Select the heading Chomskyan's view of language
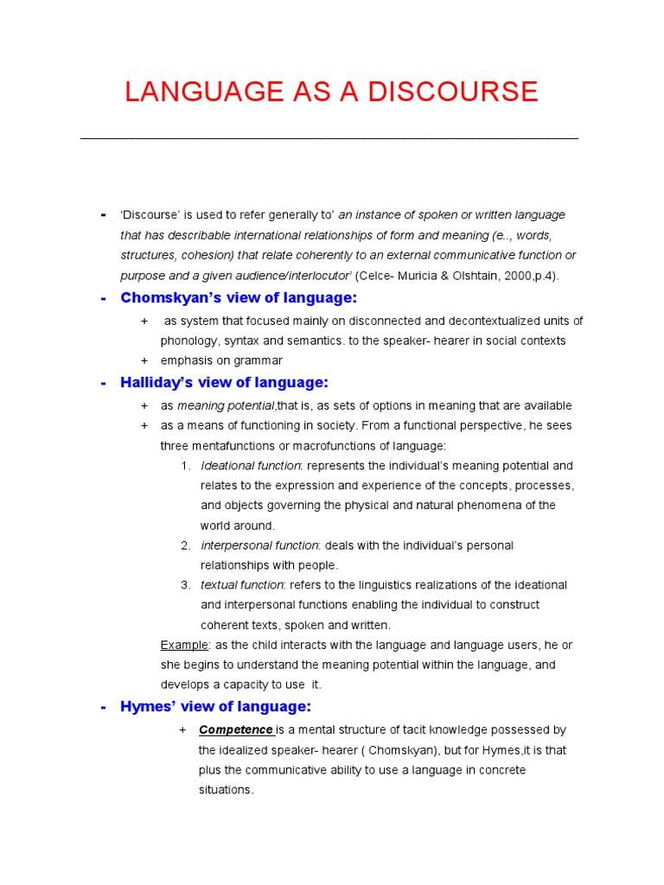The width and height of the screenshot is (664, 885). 239,298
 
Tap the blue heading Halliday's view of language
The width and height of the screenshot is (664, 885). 225,383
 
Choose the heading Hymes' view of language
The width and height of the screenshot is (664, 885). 215,707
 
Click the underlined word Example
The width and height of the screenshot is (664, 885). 184,645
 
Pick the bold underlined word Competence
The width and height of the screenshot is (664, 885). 235,730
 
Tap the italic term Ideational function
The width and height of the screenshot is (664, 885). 250,466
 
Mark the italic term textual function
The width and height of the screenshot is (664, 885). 241,585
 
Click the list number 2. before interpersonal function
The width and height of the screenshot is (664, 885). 186,545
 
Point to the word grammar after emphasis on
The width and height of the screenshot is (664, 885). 259,360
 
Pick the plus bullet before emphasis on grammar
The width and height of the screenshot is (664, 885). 144,360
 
